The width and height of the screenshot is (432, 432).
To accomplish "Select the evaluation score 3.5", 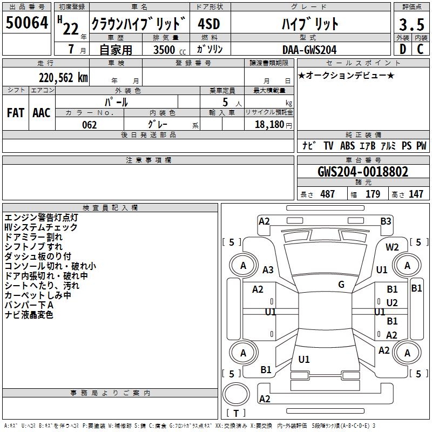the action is [411, 25].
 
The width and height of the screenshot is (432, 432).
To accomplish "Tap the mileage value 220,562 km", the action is [63, 78].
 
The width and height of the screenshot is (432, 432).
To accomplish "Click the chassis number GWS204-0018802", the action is [362, 172].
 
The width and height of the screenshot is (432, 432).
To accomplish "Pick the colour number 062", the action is [89, 125].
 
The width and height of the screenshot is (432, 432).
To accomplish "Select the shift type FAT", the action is [16, 112].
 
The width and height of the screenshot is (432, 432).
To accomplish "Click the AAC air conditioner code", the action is [42, 112].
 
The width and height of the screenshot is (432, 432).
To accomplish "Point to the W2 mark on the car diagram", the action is [392, 247].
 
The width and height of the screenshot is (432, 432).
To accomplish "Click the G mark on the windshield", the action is [341, 285].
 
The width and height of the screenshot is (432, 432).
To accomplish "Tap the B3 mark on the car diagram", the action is [386, 221].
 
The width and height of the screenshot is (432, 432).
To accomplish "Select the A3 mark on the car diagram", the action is [268, 270].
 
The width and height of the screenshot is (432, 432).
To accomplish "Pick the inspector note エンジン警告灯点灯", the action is [41, 218].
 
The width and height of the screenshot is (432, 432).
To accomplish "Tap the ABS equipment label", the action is [347, 146].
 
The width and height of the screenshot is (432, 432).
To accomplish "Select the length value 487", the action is [327, 194].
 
